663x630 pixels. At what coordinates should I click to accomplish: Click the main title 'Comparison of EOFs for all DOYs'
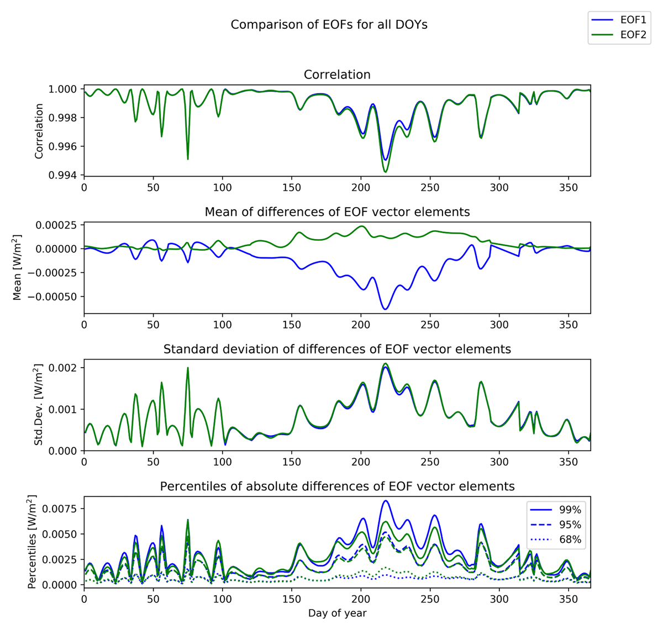point(329,25)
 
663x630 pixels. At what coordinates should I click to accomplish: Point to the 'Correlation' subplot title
point(337,75)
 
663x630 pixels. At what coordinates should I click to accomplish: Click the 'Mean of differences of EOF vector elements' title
point(337,212)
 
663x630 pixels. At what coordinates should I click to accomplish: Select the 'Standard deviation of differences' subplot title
point(337,349)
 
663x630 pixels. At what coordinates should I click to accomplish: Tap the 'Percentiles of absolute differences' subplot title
point(337,486)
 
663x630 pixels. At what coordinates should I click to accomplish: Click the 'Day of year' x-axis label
point(337,613)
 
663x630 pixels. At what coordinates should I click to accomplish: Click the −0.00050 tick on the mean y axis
point(55,297)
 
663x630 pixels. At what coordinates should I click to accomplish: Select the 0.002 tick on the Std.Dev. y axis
point(67,368)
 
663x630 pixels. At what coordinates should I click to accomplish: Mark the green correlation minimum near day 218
point(386,172)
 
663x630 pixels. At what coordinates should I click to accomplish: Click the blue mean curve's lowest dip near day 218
point(386,309)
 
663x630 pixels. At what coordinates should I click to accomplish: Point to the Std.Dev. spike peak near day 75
point(188,368)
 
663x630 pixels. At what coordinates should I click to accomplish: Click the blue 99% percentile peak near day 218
point(386,501)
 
